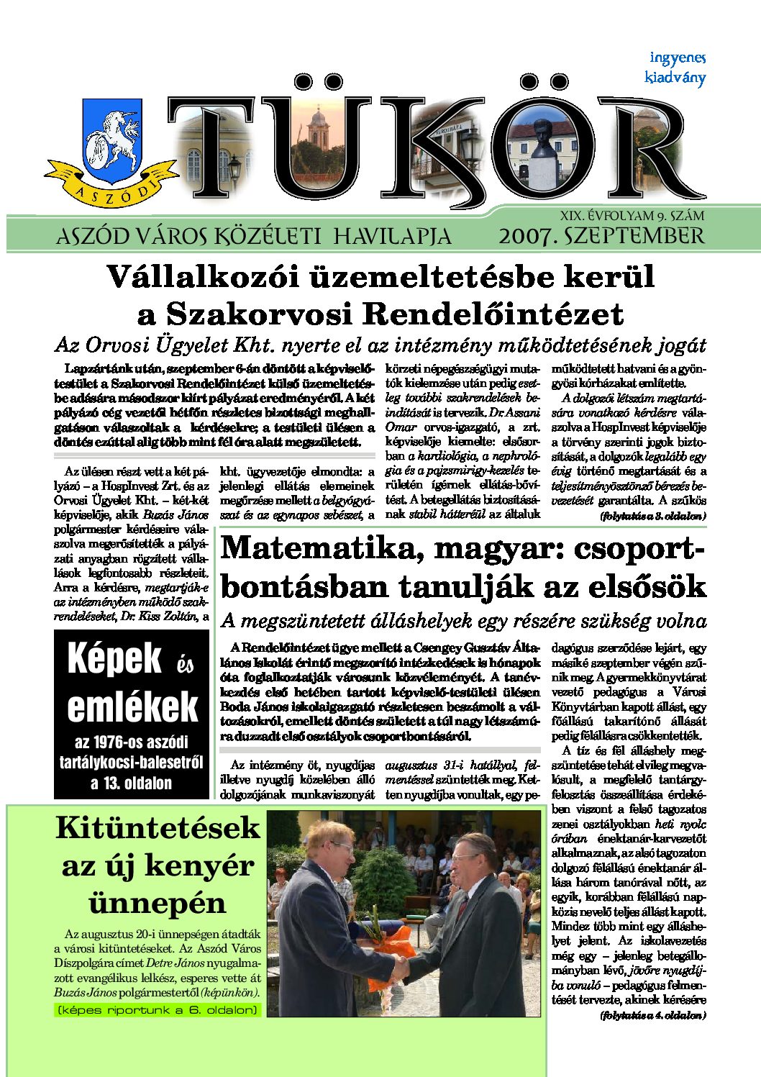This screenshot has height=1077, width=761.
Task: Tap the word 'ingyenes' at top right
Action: [678, 58]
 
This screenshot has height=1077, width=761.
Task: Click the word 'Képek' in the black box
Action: [114, 658]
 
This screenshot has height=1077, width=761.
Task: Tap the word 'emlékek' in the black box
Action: [132, 707]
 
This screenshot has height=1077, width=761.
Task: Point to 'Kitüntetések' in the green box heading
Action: [158, 827]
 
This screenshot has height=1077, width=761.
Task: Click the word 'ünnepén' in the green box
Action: [158, 902]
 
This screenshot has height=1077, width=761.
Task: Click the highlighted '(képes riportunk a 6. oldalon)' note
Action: [158, 1010]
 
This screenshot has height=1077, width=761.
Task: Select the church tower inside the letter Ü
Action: [318, 127]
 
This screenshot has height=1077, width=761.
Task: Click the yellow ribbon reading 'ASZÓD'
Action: [111, 188]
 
